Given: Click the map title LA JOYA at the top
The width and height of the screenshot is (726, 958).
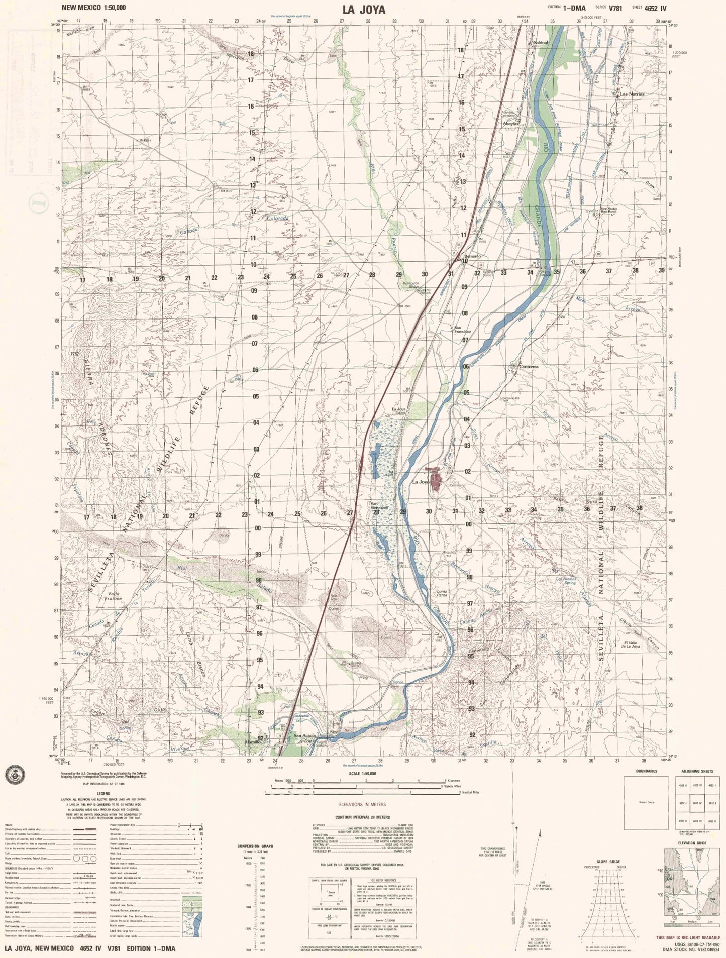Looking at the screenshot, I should pos(364,10).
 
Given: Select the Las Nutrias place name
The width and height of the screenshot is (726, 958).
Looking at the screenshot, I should pos(632,94).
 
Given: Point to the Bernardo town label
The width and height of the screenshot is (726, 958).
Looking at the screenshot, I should pos(472,256).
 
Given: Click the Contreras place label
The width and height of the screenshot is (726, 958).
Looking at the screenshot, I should pos(528,367).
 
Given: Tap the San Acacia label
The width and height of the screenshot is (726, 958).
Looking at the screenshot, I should pos(305,736).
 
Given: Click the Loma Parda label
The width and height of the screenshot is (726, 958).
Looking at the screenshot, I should pos(442,594).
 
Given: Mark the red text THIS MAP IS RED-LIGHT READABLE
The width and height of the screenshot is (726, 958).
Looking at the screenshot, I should pos(687,938).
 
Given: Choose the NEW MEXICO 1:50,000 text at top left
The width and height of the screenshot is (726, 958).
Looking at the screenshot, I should pos(94,8).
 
